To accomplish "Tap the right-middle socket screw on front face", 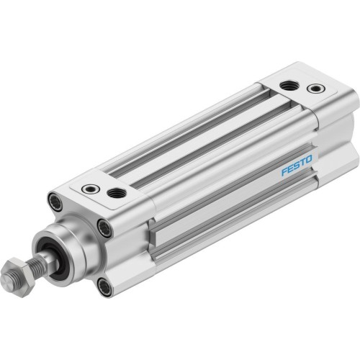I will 106,230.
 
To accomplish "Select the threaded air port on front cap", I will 115,193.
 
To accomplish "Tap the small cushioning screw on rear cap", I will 314,89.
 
